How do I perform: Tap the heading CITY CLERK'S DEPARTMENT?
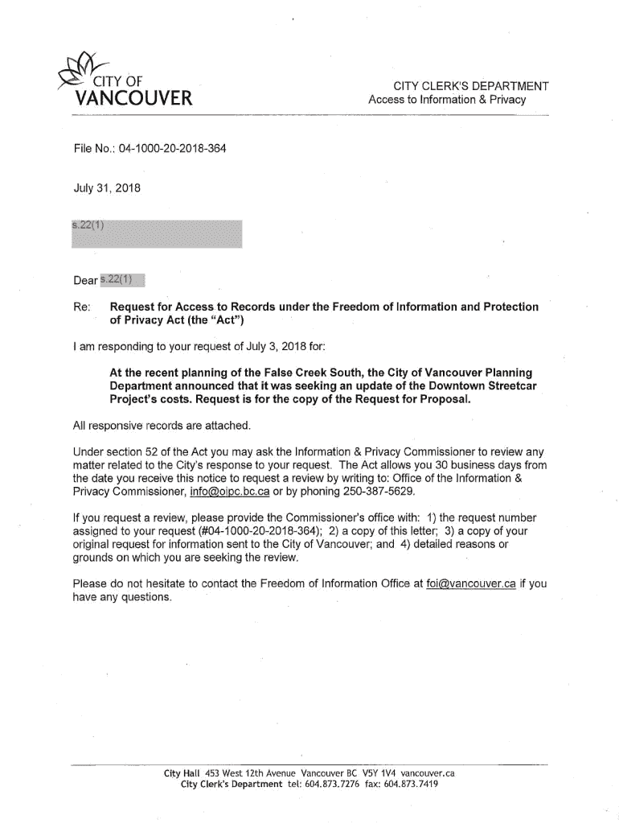470,86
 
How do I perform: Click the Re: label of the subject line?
80,307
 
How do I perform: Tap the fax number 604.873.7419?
412,785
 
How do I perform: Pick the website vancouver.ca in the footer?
428,774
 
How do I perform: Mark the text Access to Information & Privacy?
446,100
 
